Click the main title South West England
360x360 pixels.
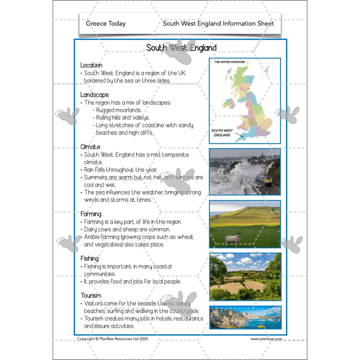click(181, 48)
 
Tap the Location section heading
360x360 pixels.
click(91, 65)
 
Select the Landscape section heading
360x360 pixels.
click(94, 95)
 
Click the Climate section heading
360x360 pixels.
click(90, 147)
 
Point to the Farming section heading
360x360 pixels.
click(91, 214)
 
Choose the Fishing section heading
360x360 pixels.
click(90, 259)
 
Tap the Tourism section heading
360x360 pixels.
click(91, 296)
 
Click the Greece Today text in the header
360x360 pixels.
click(106, 23)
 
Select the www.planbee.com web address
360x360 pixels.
click(266, 339)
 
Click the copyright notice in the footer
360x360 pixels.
click(112, 339)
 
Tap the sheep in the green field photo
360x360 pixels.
click(233, 238)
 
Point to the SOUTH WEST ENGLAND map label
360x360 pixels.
click(222, 133)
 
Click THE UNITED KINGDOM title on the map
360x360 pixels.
click(229, 62)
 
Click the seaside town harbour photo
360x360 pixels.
click(245, 317)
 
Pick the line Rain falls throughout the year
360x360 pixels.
click(121, 170)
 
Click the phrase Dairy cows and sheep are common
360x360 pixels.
click(127, 229)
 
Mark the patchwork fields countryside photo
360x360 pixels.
click(245, 276)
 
